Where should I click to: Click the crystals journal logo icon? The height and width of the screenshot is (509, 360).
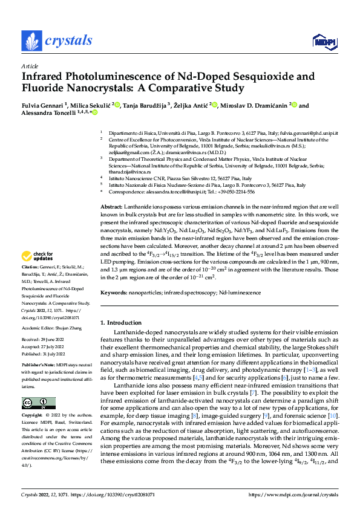(31, 41)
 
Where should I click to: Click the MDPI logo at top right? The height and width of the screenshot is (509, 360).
(323, 42)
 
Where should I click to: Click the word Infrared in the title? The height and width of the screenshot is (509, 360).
(45, 77)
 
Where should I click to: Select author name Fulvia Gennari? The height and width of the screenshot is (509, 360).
(42, 106)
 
